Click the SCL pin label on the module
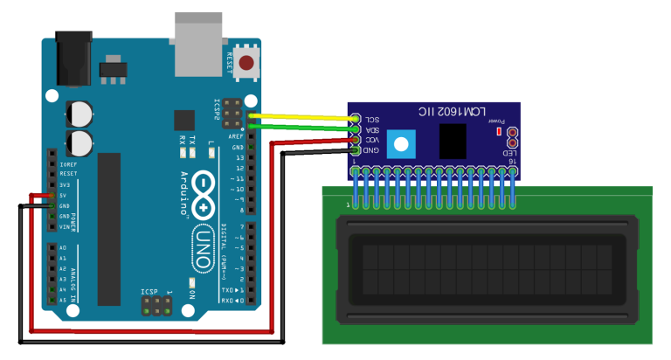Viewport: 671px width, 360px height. [372, 119]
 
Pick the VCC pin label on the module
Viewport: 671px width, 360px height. [372, 140]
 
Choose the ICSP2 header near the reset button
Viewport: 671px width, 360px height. [232, 112]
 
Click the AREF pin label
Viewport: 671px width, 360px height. [236, 137]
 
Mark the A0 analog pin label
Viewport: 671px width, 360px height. [61, 248]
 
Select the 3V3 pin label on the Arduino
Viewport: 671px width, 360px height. [65, 185]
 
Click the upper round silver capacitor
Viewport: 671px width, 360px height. [80, 112]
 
